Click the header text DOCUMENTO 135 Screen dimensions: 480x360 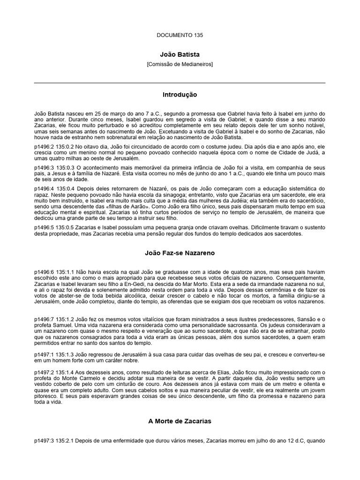click(180, 35)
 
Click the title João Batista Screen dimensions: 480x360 click(180, 54)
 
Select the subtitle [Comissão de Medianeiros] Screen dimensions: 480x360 click(180, 64)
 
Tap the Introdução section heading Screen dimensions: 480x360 click(180, 95)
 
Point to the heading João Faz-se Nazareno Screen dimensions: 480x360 click(180, 253)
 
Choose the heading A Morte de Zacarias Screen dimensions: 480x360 click(180, 421)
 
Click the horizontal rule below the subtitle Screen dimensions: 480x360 click(180, 83)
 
